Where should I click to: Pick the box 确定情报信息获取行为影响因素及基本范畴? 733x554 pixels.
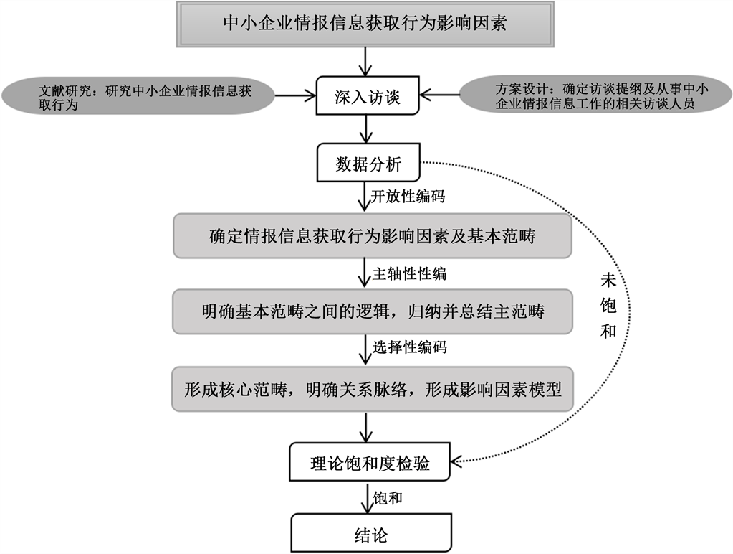(373, 236)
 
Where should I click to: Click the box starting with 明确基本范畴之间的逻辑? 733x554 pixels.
(373, 311)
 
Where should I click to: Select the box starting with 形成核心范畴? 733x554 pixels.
(373, 390)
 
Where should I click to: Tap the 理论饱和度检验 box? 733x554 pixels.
(370, 464)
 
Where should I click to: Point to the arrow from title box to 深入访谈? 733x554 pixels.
(368, 62)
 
